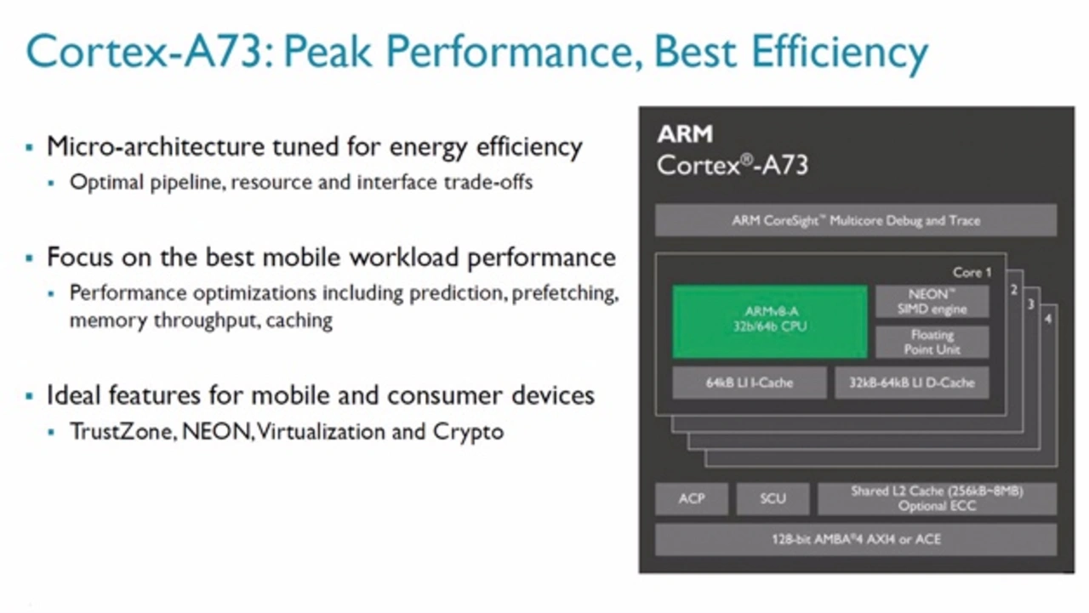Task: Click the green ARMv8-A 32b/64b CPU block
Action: click(770, 321)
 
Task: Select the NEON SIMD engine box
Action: click(932, 302)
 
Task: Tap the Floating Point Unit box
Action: click(932, 342)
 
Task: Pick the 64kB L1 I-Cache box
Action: click(750, 383)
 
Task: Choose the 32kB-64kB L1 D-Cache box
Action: click(911, 383)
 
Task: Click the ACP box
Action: click(692, 498)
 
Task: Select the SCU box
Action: click(773, 498)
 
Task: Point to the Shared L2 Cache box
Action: click(937, 498)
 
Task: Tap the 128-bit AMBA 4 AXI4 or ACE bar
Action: click(856, 539)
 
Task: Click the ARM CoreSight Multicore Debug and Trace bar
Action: click(856, 220)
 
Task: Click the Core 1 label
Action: click(972, 273)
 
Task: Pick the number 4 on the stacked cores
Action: click(1048, 319)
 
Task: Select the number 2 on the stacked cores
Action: click(1014, 290)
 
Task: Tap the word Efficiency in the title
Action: click(840, 53)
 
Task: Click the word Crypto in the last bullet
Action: click(468, 432)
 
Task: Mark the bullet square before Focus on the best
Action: click(29, 258)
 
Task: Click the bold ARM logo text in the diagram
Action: click(685, 134)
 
